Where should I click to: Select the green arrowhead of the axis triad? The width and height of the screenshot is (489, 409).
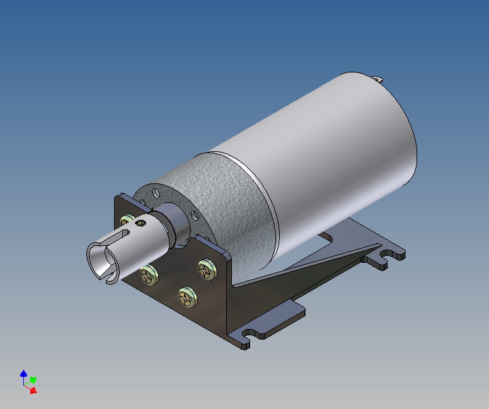33,380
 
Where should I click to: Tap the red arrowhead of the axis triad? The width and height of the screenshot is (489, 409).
33,390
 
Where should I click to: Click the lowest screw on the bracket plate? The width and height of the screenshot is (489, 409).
185,295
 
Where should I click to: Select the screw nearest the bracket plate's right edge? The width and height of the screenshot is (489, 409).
206,269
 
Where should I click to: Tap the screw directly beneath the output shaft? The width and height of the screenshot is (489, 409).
149,274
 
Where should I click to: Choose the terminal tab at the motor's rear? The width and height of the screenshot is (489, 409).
378,79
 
